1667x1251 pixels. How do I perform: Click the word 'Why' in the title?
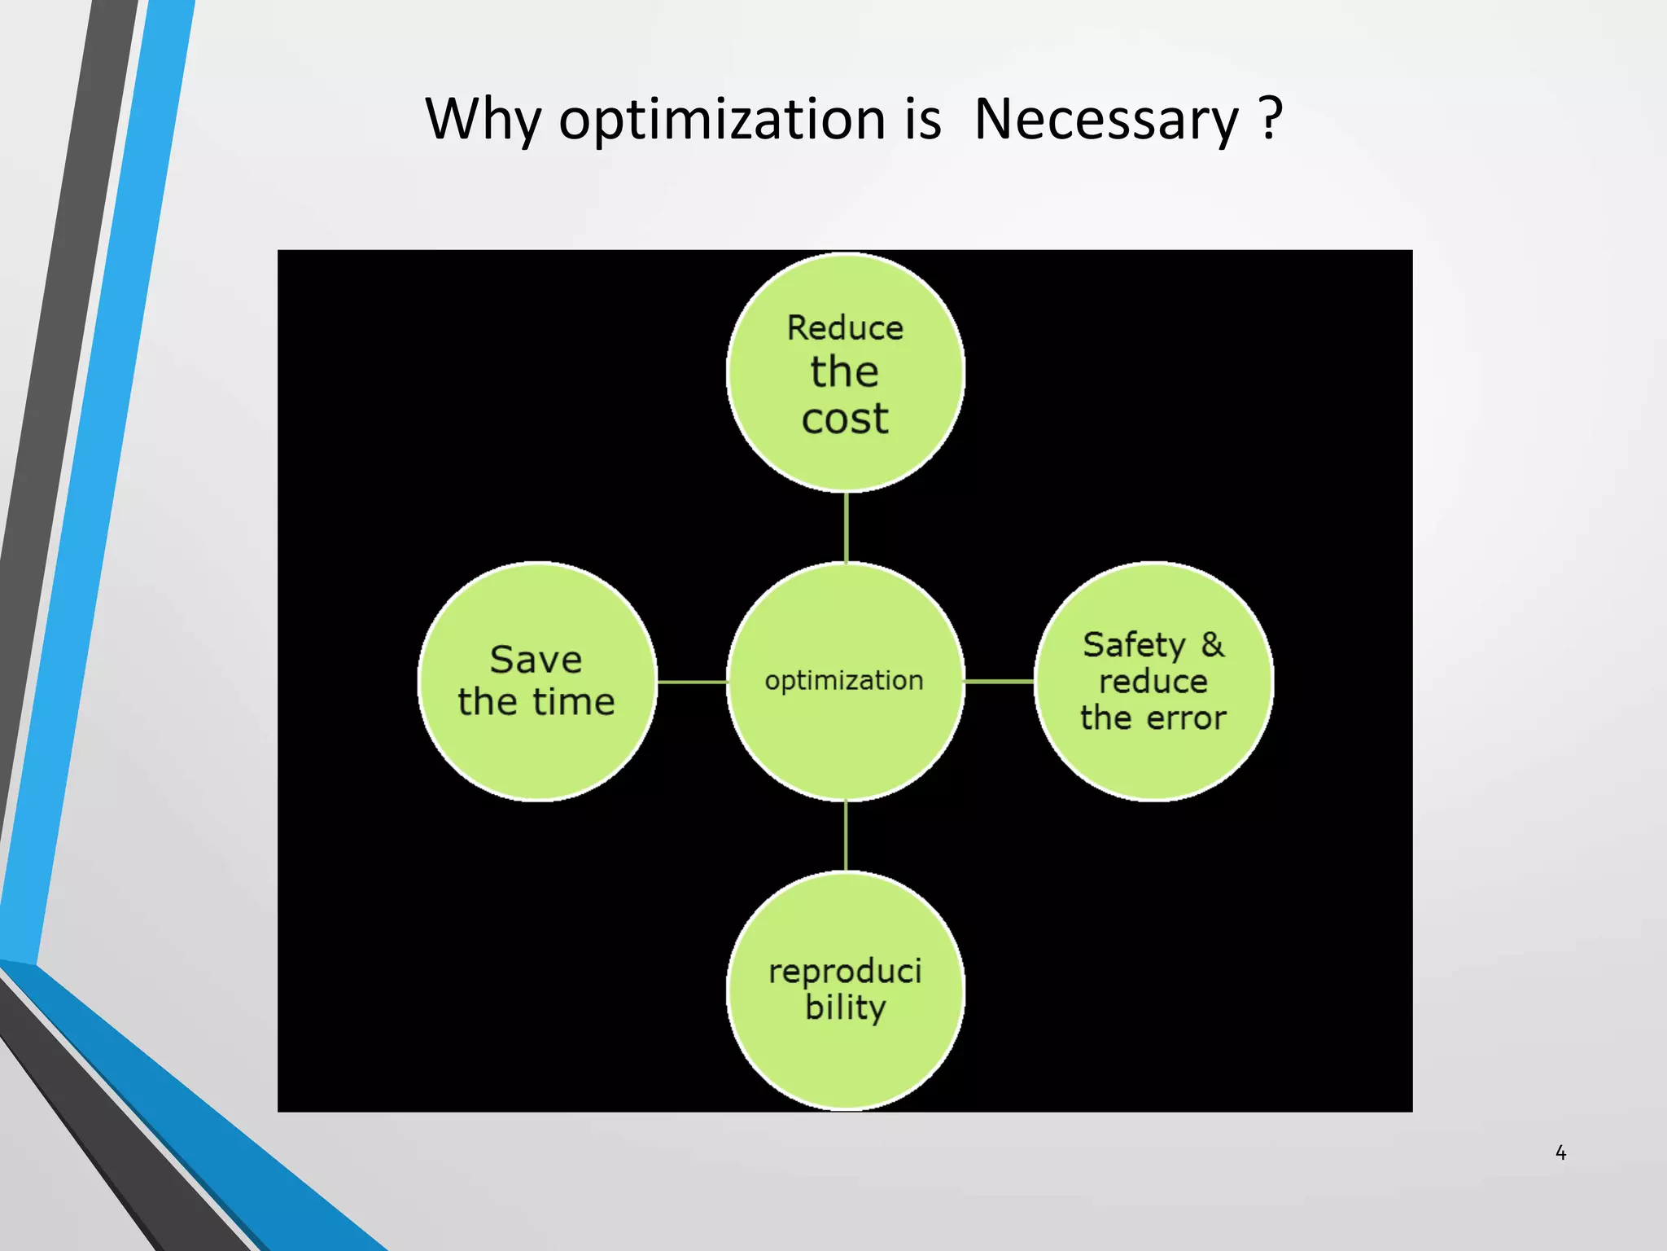[x=483, y=120]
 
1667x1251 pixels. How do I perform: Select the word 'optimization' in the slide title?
[x=722, y=120]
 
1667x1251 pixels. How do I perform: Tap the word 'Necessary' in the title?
[x=1105, y=120]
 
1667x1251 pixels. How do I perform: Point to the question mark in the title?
[x=1271, y=118]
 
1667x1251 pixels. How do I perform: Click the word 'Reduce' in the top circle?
[x=845, y=328]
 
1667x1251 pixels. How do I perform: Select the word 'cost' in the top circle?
[x=845, y=419]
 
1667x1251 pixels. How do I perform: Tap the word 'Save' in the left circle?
[x=536, y=660]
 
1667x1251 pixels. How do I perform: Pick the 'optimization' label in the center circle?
[x=844, y=680]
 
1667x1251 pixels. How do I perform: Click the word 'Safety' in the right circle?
[x=1134, y=645]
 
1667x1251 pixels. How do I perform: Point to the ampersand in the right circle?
[x=1212, y=644]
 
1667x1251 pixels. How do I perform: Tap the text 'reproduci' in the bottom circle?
[x=845, y=971]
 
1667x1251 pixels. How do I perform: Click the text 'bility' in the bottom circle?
[x=845, y=1008]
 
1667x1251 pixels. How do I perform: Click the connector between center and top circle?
[x=847, y=527]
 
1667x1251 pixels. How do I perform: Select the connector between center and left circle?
[x=692, y=682]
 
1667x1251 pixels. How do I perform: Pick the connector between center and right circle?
[x=1000, y=681]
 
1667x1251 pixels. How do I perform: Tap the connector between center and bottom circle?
[x=846, y=836]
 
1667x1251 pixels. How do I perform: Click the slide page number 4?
[x=1560, y=1152]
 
